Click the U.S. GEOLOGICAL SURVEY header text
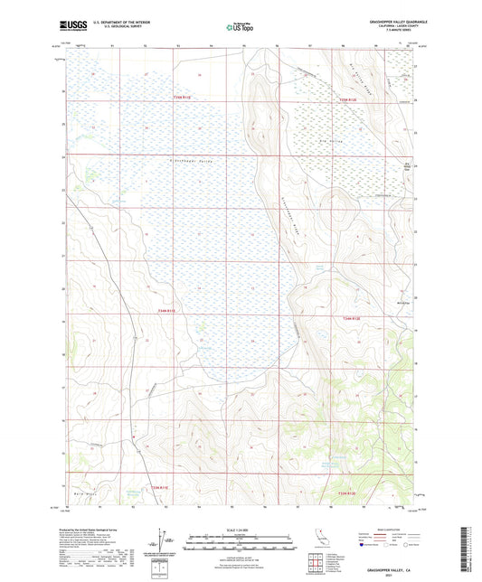(122, 29)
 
